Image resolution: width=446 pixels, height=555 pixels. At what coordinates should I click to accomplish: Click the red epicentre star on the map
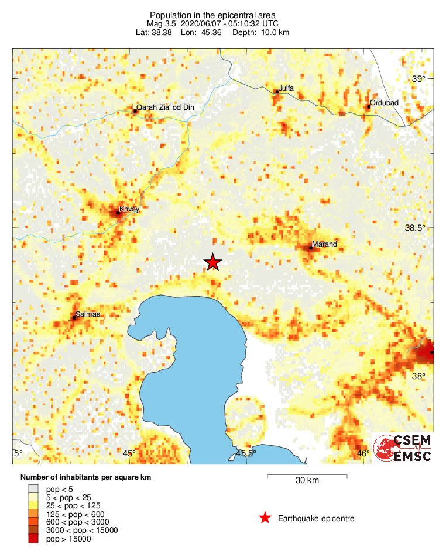click(212, 262)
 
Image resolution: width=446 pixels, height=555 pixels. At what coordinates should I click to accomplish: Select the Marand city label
click(324, 244)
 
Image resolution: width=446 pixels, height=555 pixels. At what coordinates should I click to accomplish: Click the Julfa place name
click(286, 88)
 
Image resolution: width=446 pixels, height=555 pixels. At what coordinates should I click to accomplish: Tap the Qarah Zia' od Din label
click(165, 107)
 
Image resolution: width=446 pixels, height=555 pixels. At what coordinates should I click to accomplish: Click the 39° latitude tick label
click(420, 79)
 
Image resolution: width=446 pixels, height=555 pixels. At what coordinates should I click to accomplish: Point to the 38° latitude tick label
click(420, 377)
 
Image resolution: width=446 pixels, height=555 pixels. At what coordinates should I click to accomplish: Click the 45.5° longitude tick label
click(246, 453)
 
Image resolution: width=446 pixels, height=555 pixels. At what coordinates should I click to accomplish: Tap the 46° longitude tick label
click(363, 453)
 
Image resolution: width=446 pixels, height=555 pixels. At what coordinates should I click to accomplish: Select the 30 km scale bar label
click(307, 481)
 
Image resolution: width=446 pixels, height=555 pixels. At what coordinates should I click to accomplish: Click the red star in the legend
click(265, 518)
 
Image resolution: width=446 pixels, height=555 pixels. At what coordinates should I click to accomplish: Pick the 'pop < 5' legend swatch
click(33, 489)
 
